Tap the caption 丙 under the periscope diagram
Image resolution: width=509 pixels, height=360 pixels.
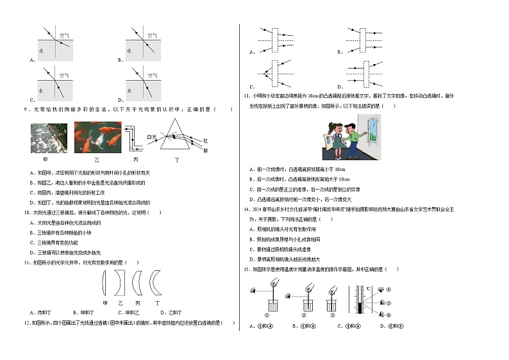click(135, 159)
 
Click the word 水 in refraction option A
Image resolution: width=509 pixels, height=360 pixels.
click(41, 50)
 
